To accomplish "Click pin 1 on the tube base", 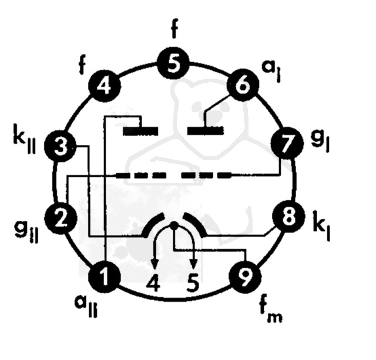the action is click(105, 277).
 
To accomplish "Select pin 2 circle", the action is click(61, 218).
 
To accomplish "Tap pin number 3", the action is click(61, 146).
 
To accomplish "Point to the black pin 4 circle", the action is click(105, 86).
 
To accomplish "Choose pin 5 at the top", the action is click(173, 63).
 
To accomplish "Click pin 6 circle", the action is click(243, 86).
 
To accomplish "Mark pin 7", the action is click(287, 144).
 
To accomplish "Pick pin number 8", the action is click(288, 217).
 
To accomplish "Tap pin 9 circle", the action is click(245, 277).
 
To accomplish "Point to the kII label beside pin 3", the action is click(25, 139).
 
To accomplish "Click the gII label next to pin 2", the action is click(26, 232).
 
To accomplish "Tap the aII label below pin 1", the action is click(86, 305).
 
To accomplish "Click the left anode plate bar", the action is click(140, 131).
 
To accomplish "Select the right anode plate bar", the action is click(206, 130).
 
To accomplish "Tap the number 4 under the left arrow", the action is click(153, 283).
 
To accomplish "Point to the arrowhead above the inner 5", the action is click(194, 265).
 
